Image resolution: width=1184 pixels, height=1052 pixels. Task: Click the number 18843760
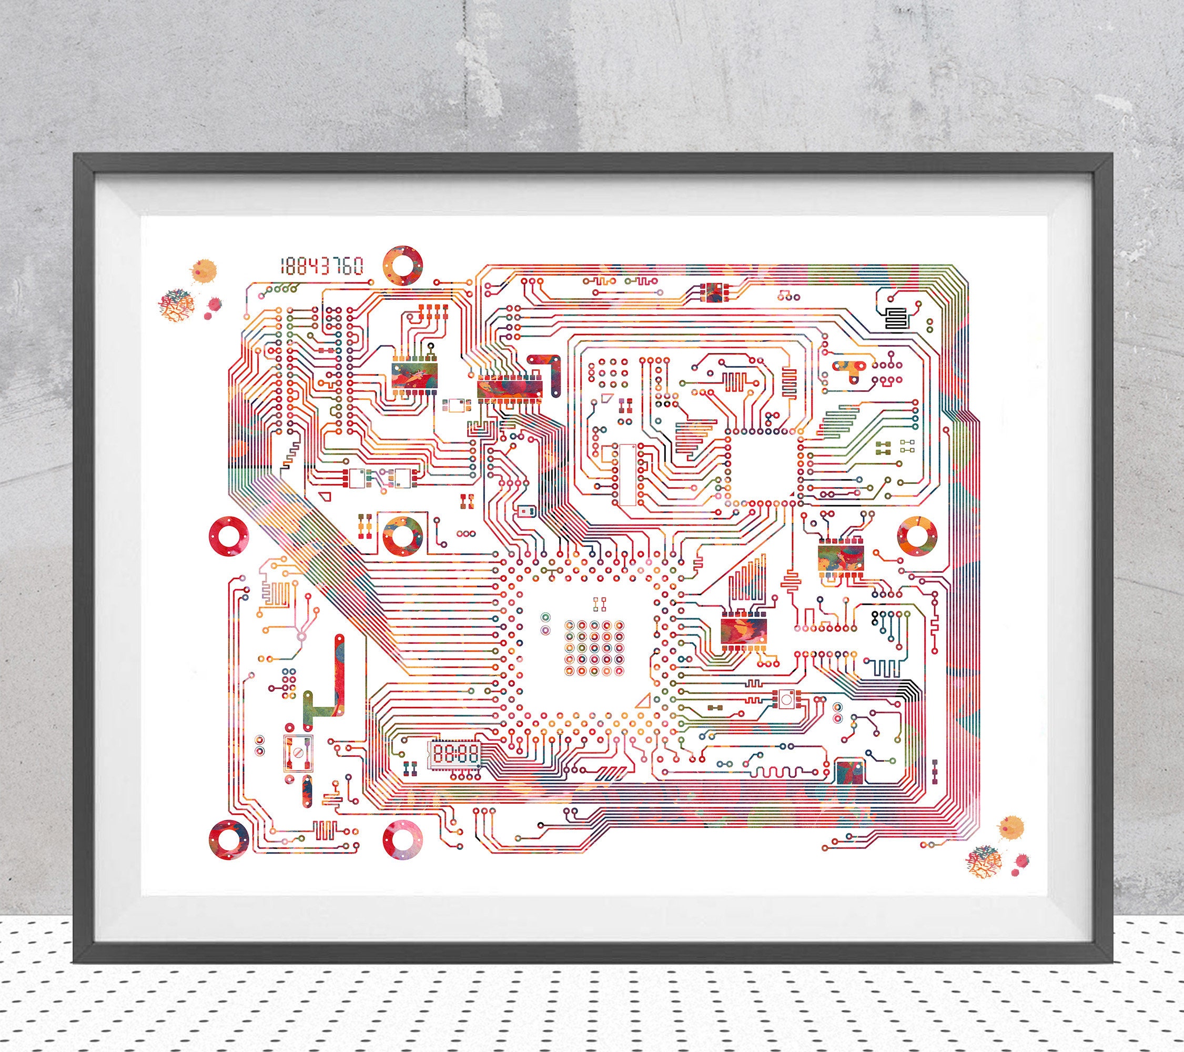click(x=322, y=267)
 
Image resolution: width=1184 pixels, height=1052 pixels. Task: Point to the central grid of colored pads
click(x=594, y=648)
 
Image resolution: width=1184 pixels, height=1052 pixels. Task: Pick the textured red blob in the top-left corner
click(x=177, y=305)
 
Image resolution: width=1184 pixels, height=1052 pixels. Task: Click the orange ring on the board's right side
click(x=916, y=535)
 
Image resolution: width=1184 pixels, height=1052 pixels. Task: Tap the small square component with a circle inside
click(x=786, y=699)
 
